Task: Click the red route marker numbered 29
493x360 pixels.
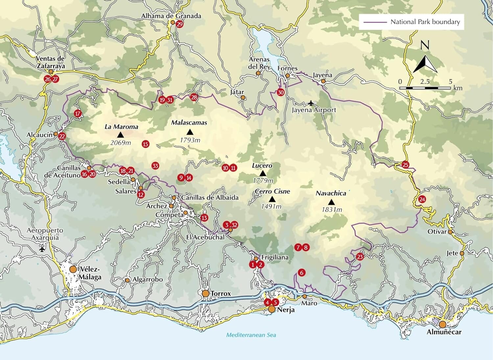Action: pyautogui.click(x=179, y=24)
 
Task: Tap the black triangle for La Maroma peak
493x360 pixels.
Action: pyautogui.click(x=120, y=135)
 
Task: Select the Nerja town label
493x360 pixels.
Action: pyautogui.click(x=286, y=310)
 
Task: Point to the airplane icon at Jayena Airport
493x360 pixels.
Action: pyautogui.click(x=311, y=103)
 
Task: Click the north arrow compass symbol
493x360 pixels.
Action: pyautogui.click(x=425, y=64)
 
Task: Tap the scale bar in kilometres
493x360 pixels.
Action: pyautogui.click(x=425, y=88)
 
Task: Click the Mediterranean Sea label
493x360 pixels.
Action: pyautogui.click(x=251, y=335)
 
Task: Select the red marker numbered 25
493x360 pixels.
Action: pyautogui.click(x=406, y=165)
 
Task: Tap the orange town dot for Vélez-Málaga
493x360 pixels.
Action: pyautogui.click(x=73, y=269)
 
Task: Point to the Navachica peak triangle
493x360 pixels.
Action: pyautogui.click(x=331, y=202)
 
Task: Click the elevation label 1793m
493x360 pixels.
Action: pyautogui.click(x=190, y=140)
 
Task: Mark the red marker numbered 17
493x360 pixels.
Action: pyautogui.click(x=78, y=114)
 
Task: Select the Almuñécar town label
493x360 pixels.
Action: pyautogui.click(x=444, y=332)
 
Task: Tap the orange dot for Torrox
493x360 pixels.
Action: pyautogui.click(x=205, y=293)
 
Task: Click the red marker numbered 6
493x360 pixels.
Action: pyautogui.click(x=301, y=272)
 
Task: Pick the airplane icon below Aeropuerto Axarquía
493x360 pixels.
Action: pyautogui.click(x=42, y=249)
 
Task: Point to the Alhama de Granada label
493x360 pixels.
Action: pyautogui.click(x=171, y=16)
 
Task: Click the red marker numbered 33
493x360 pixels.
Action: pyautogui.click(x=155, y=166)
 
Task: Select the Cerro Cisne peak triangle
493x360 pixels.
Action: pyautogui.click(x=272, y=199)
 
